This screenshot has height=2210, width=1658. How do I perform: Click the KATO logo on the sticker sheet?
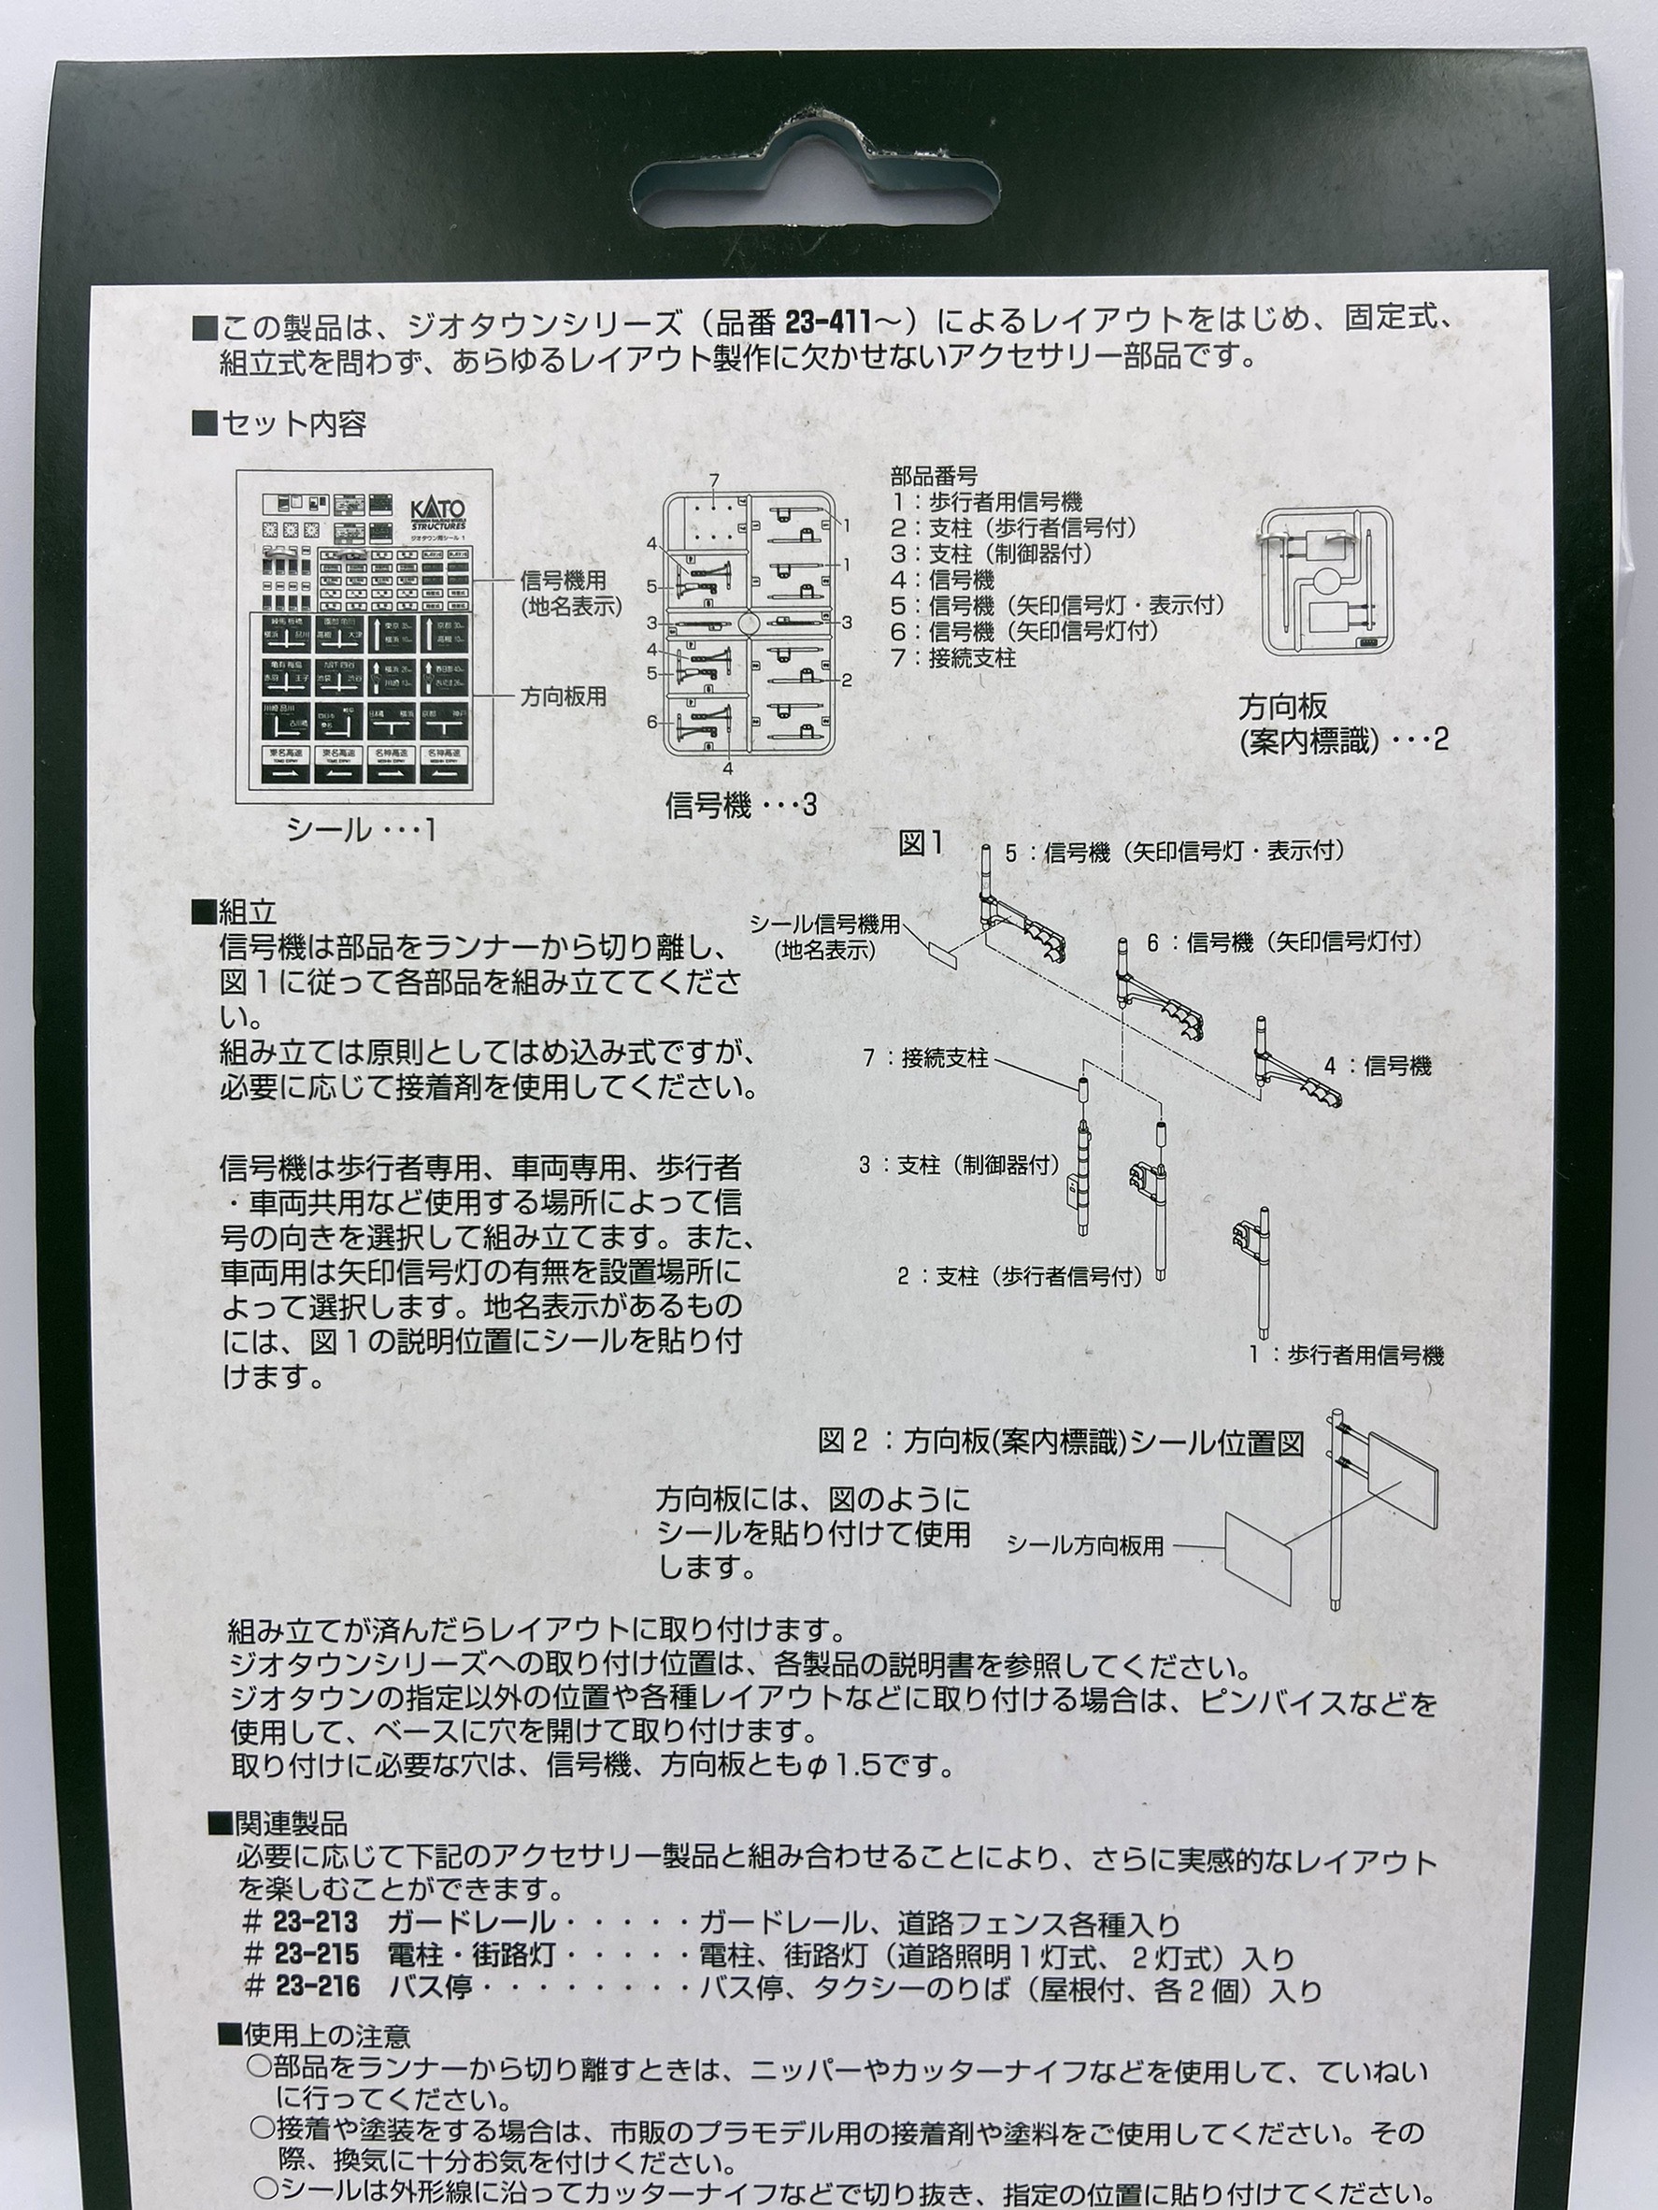pyautogui.click(x=438, y=512)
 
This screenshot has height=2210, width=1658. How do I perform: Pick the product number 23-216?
pyautogui.click(x=315, y=1988)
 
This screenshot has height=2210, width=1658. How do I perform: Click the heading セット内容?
pyautogui.click(x=293, y=424)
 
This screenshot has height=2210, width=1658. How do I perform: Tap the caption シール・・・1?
pyautogui.click(x=361, y=830)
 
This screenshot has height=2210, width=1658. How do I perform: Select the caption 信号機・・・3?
pyautogui.click(x=741, y=805)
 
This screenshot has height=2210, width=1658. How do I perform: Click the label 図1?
pyautogui.click(x=921, y=844)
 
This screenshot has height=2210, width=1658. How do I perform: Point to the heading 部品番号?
pyautogui.click(x=934, y=477)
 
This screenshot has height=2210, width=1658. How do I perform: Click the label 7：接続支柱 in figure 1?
pyautogui.click(x=926, y=1057)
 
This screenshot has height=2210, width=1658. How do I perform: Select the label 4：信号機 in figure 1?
pyautogui.click(x=1379, y=1066)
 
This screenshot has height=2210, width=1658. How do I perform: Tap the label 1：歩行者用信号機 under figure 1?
pyautogui.click(x=1347, y=1355)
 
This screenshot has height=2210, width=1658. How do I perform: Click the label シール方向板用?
pyautogui.click(x=1085, y=1545)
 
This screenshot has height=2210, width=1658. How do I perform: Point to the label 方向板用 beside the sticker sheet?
pyautogui.click(x=563, y=696)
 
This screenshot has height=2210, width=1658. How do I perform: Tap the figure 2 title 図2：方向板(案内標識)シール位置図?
pyautogui.click(x=1062, y=1442)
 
